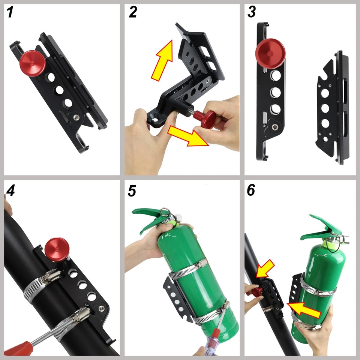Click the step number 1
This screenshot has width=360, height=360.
pyautogui.click(x=10, y=12)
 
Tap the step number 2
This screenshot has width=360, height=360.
pyautogui.click(x=133, y=12)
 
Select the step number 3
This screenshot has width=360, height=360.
pyautogui.click(x=252, y=12)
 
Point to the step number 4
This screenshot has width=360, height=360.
pyautogui.click(x=10, y=190)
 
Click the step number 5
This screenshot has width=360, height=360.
pyautogui.click(x=132, y=191)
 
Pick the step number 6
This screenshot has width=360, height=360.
pyautogui.click(x=251, y=190)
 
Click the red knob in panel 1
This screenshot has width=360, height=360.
pyautogui.click(x=33, y=63)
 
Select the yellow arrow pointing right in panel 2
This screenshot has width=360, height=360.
pyautogui.click(x=188, y=136)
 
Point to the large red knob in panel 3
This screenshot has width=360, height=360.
pyautogui.click(x=270, y=54)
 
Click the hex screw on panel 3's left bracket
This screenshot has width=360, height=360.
pyautogui.click(x=274, y=127)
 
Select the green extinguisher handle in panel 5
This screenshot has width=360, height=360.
pyautogui.click(x=151, y=217)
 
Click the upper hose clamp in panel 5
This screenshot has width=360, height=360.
pyautogui.click(x=187, y=270)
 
